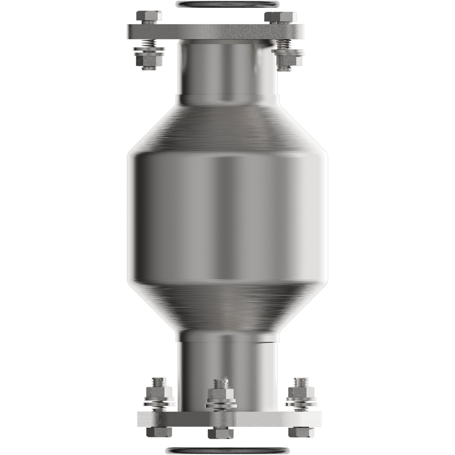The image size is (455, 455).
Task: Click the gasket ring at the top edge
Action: [x=227, y=3]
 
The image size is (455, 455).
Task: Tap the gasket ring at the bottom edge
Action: [x=227, y=451]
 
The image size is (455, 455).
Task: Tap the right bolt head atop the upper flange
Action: [x=280, y=18]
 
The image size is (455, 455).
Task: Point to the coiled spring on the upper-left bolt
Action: [x=150, y=44]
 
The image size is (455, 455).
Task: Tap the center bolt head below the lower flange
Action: [x=221, y=434]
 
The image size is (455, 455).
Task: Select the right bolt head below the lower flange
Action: [x=301, y=431]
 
